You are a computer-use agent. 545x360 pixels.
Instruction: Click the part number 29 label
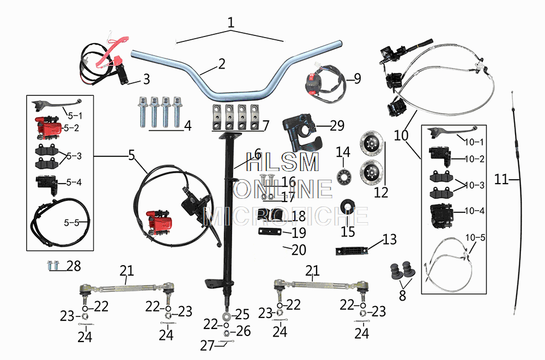coord(337,126)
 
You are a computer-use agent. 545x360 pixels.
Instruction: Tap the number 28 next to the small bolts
coord(74,266)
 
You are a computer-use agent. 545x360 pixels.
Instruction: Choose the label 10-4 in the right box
coord(475,211)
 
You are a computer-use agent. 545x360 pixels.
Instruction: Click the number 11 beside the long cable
coord(502,179)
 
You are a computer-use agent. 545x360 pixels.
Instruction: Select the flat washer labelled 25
coord(226,316)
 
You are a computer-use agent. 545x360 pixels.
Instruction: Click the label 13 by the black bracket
coord(390,239)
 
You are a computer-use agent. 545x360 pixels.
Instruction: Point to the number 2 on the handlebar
coord(220,64)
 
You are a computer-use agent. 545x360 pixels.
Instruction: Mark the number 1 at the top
coord(231,23)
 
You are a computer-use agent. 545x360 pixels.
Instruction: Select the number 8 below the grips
coord(402,296)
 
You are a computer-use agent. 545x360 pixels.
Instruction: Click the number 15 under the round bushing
coord(348,231)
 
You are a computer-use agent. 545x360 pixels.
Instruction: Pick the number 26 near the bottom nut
coord(244,331)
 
